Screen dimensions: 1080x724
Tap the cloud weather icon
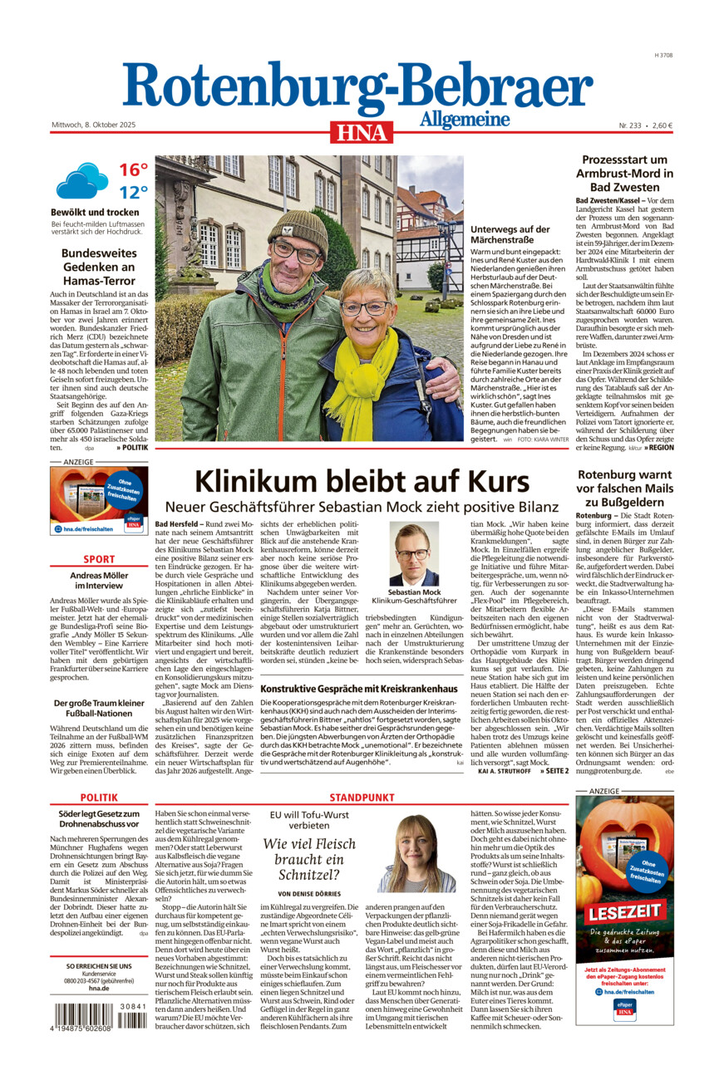click(81, 180)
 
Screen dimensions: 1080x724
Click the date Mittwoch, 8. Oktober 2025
click(93, 125)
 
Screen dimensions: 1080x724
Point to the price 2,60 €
click(662, 125)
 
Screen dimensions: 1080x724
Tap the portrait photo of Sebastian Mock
click(414, 554)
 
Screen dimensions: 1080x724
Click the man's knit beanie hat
click(298, 227)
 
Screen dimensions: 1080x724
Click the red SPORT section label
click(99, 559)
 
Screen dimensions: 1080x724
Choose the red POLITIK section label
click(99, 798)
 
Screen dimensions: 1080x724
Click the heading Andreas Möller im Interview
click(99, 581)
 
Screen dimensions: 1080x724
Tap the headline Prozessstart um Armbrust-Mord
click(624, 174)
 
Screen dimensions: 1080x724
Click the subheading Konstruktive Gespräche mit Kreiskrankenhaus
click(359, 689)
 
